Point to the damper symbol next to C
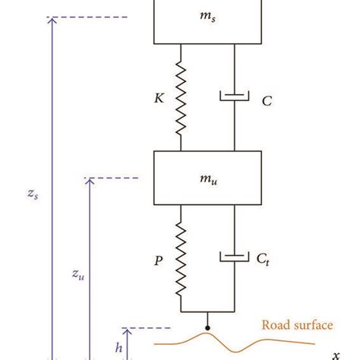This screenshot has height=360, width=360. click(x=234, y=96)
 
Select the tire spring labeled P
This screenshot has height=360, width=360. click(x=180, y=255)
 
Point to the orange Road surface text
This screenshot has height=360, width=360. click(x=297, y=326)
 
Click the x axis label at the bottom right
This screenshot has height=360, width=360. click(x=334, y=354)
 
